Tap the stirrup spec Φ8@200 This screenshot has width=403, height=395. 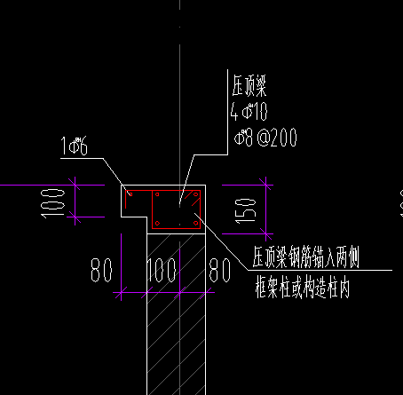[x=264, y=137]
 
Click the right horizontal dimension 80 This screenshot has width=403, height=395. [x=217, y=269]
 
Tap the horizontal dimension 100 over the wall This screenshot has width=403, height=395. [x=161, y=269]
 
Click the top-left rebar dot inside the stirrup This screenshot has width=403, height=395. [x=157, y=194]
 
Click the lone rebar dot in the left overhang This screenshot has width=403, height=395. [x=130, y=193]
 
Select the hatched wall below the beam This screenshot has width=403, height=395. [x=177, y=337]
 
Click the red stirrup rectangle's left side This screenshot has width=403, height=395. [x=153, y=209]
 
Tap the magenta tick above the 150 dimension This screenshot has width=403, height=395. [x=264, y=186]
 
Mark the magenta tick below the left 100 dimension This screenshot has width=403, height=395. [x=75, y=218]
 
